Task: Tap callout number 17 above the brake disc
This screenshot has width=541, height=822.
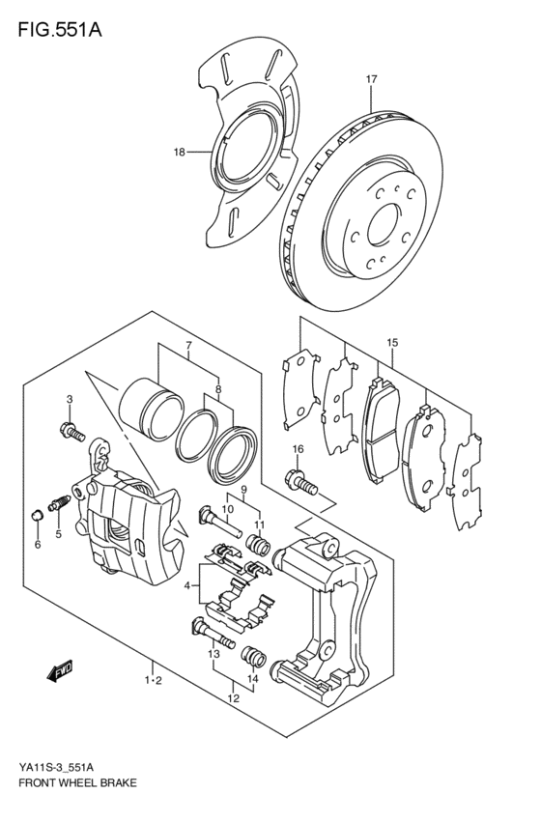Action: pyautogui.click(x=370, y=79)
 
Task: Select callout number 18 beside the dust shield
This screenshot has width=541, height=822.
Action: pyautogui.click(x=179, y=152)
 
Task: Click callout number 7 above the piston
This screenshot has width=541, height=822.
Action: pyautogui.click(x=189, y=346)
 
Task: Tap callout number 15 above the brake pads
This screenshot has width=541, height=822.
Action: pyautogui.click(x=391, y=343)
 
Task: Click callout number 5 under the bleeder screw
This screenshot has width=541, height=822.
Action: pyautogui.click(x=58, y=532)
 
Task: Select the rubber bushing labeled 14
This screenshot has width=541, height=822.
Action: pyautogui.click(x=255, y=657)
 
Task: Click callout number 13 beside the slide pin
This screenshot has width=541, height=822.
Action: pyautogui.click(x=214, y=653)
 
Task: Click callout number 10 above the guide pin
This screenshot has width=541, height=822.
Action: pyautogui.click(x=228, y=509)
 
